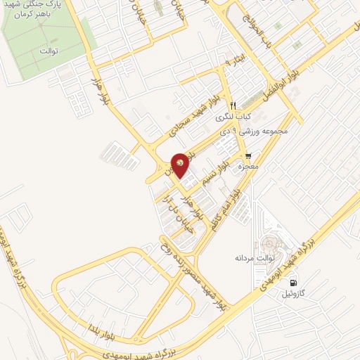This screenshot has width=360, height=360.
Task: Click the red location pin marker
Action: click(181, 165)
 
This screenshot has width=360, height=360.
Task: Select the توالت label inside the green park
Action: click(48, 51)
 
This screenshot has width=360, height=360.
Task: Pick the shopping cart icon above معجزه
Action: click(247, 156)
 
